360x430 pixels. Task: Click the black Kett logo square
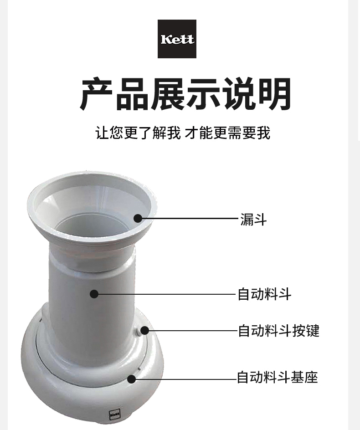(x=177, y=39)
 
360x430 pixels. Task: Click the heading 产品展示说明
(x=185, y=94)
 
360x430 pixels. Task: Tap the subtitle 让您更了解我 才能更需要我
(x=183, y=133)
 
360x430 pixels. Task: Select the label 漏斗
(x=253, y=220)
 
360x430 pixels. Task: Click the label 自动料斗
(x=264, y=294)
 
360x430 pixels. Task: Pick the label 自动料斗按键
(x=278, y=330)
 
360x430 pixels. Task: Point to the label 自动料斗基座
(x=278, y=377)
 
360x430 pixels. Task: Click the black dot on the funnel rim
(x=138, y=219)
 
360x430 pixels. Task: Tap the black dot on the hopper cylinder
(x=94, y=294)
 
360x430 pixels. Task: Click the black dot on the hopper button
(x=144, y=330)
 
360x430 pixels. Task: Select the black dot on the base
(x=131, y=379)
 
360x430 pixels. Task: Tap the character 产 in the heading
(x=96, y=94)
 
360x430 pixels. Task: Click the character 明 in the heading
(x=275, y=94)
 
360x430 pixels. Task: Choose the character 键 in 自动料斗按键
(x=313, y=330)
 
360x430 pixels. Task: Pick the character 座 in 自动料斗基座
(x=311, y=377)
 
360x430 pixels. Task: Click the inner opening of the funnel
(x=93, y=230)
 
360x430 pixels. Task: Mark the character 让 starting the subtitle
(x=103, y=133)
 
